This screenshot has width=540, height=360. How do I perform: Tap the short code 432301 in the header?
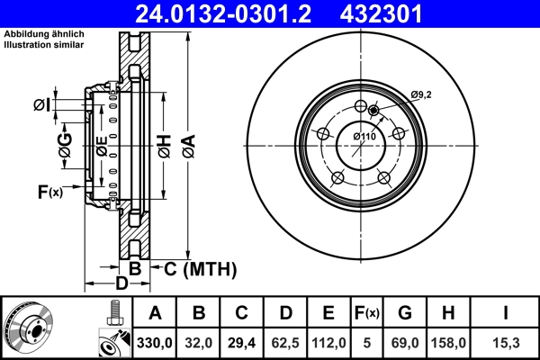(x=404, y=13)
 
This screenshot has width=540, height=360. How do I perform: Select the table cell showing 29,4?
(x=242, y=343)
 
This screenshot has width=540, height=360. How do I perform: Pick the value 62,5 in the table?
(x=285, y=343)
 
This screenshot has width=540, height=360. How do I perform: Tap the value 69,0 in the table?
(x=405, y=343)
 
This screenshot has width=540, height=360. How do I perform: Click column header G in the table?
(x=405, y=314)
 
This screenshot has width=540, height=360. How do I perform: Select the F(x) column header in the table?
(x=367, y=314)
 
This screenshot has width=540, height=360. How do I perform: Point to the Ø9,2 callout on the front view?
(x=422, y=94)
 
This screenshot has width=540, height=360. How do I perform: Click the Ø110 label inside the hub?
(x=364, y=136)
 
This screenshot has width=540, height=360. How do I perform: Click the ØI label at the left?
(x=41, y=105)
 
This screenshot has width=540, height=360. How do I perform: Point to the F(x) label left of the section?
(x=49, y=191)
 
